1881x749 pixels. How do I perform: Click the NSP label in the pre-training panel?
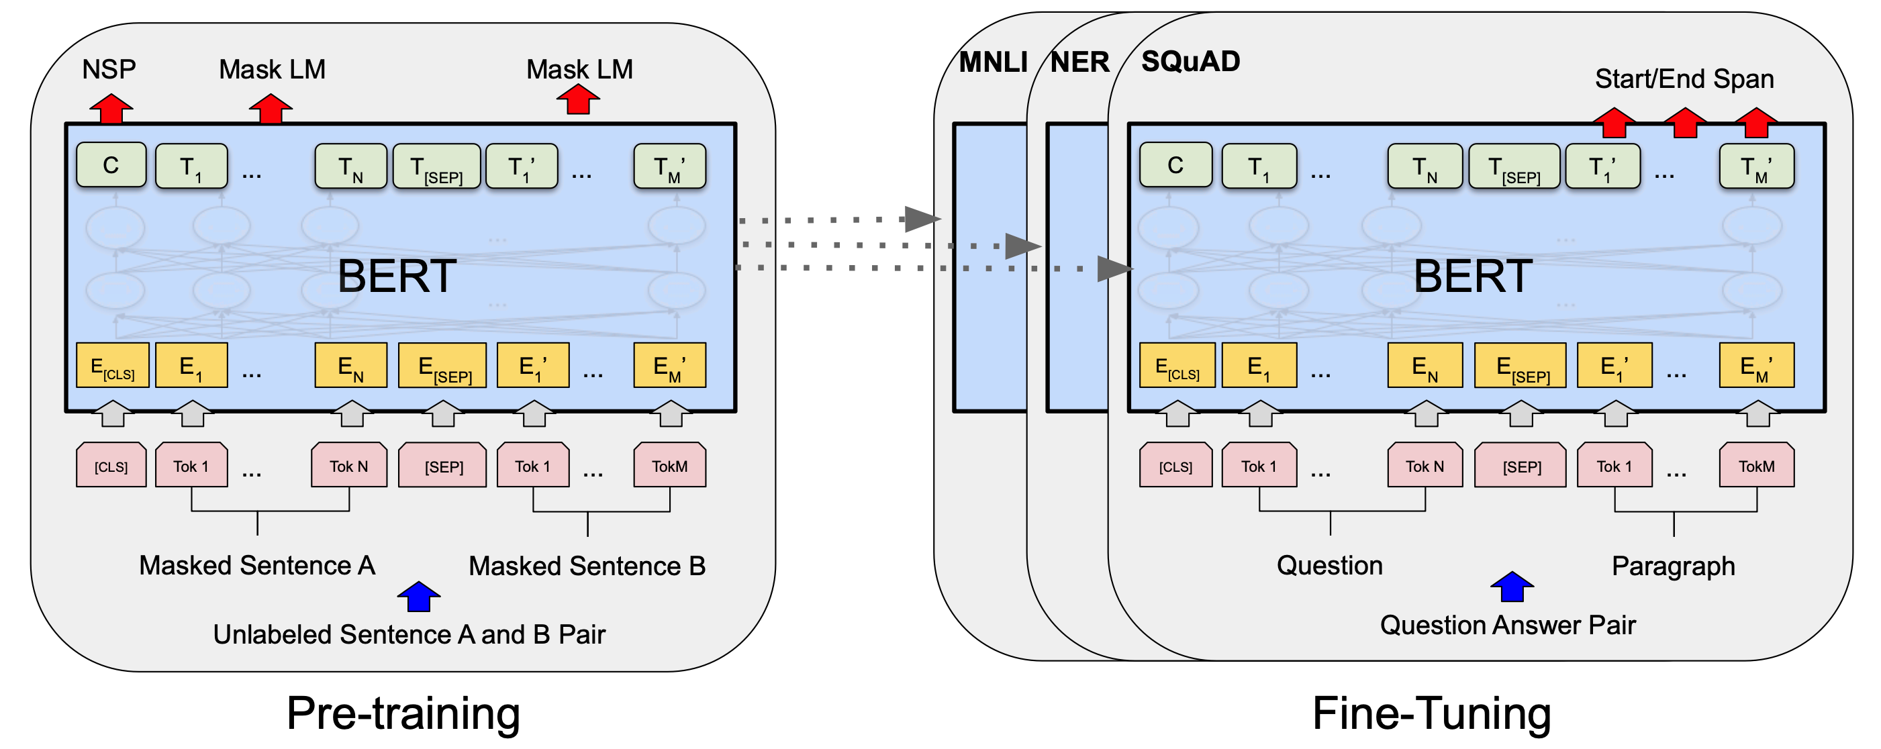click(109, 69)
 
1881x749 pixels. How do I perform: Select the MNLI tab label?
click(992, 62)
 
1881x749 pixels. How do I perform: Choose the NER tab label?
click(1079, 62)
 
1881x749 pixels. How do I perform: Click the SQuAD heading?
click(1190, 61)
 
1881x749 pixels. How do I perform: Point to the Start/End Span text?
click(1684, 79)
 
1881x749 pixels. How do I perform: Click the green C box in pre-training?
click(111, 166)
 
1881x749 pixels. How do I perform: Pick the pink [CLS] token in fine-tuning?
click(1175, 466)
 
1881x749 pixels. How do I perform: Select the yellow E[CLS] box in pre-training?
click(113, 366)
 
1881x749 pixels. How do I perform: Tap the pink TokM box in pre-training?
click(669, 466)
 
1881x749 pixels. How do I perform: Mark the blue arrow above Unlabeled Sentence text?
click(418, 597)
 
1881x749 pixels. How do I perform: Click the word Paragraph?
click(1673, 566)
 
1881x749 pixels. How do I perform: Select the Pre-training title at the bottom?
click(403, 713)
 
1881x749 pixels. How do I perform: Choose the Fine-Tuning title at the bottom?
click(1431, 713)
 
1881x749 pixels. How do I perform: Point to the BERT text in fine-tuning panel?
click(1472, 276)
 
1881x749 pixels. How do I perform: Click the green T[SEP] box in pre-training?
click(436, 167)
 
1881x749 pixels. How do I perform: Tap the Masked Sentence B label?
click(587, 566)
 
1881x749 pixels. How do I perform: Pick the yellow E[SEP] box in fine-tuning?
click(1521, 366)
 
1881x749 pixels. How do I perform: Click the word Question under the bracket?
click(1330, 566)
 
